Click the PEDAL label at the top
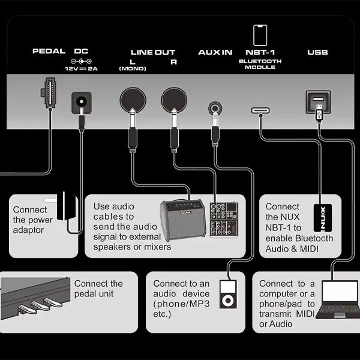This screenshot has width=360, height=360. coord(49,52)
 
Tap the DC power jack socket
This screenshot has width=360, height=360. coord(81,102)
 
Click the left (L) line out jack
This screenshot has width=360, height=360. coord(132,100)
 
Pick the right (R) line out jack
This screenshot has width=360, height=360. coord(173,100)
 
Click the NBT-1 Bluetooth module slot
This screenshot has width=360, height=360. coord(260,111)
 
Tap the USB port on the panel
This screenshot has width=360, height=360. coord(317,101)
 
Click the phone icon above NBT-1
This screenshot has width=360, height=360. coord(260,35)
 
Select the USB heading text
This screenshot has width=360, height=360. coord(317,52)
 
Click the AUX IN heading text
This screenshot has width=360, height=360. coord(215,52)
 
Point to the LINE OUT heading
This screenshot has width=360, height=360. coord(153,52)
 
